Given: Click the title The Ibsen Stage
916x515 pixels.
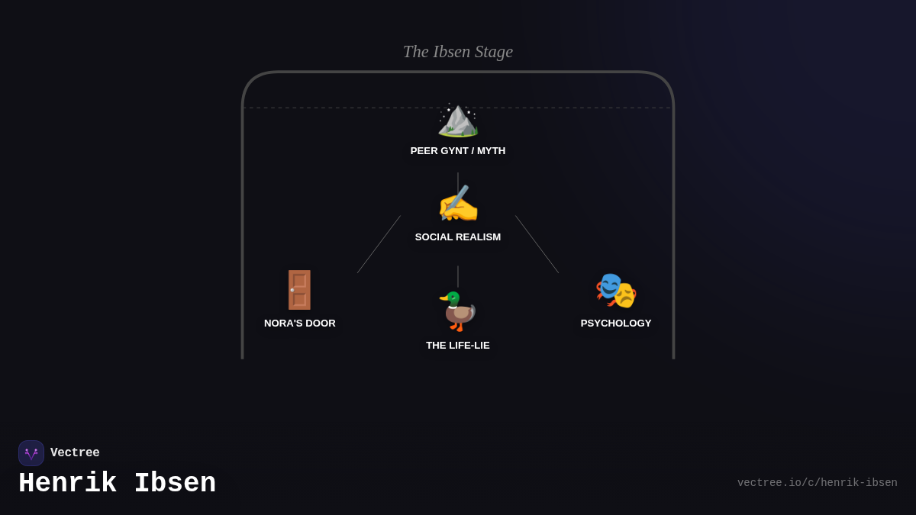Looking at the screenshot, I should [x=458, y=52].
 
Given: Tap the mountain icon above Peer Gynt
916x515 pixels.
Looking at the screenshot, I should [x=458, y=120].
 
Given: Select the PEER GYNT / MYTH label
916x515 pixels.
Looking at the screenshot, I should [x=458, y=151].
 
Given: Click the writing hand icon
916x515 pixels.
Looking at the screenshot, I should [x=458, y=205].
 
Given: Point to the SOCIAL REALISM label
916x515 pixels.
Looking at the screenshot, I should [x=458, y=237].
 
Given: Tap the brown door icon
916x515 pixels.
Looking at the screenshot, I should [x=299, y=290].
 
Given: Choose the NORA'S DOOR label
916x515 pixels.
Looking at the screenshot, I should [x=300, y=323].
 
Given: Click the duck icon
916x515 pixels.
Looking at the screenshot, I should [x=458, y=311].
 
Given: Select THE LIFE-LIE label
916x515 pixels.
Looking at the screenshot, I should [x=458, y=346].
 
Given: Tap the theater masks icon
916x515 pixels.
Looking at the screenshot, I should [x=616, y=291].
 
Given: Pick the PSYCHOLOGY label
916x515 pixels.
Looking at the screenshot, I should [x=616, y=323].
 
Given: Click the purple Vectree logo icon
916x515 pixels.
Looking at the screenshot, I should [x=31, y=453].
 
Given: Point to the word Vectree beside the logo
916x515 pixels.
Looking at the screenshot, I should [x=75, y=453].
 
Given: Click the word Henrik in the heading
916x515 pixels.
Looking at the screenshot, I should [x=67, y=484].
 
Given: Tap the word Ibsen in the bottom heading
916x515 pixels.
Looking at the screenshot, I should [x=175, y=484].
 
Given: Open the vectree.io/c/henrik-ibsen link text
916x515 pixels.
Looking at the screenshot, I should [x=817, y=483].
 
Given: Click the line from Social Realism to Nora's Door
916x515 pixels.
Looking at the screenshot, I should [x=379, y=244].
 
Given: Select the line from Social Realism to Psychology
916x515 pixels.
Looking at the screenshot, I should [x=537, y=244].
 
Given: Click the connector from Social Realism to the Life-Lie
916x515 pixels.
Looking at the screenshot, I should [x=458, y=276].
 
